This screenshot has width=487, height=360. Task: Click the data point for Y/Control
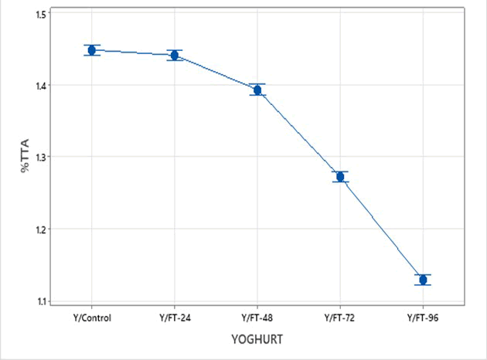(x=92, y=50)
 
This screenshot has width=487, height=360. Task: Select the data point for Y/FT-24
(x=175, y=55)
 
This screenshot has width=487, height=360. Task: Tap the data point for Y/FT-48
(x=257, y=90)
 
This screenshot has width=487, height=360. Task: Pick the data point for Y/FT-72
(x=340, y=177)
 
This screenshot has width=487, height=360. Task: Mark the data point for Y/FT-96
(x=423, y=280)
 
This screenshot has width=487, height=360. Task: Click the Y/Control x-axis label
(x=92, y=318)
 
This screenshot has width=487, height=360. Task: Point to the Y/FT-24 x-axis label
(x=175, y=318)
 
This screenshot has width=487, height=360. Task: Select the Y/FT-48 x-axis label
(x=257, y=318)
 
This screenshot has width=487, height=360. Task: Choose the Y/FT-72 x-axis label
(x=340, y=318)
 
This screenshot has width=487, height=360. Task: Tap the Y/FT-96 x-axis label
(x=423, y=318)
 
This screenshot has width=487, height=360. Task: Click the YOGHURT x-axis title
(x=257, y=339)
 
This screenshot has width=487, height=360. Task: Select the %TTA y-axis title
(x=26, y=157)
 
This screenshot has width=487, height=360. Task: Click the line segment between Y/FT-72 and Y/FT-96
(x=382, y=229)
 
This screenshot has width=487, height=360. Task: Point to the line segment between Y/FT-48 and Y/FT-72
(x=299, y=134)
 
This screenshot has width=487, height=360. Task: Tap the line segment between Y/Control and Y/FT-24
(x=133, y=53)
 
